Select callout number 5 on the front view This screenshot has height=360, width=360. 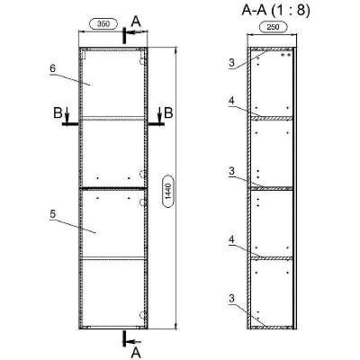(52, 214)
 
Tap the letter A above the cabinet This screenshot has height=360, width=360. (135, 18)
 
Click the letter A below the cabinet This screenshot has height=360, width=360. (136, 352)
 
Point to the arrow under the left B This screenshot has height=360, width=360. (68, 125)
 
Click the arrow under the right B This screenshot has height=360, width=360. (160, 125)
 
